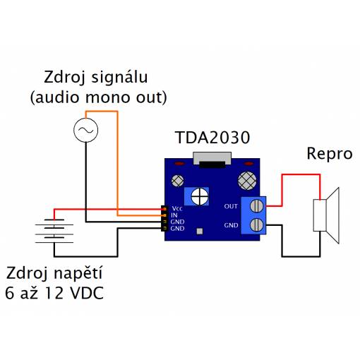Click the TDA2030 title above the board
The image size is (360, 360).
(212, 138)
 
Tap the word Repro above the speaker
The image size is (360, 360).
(330, 155)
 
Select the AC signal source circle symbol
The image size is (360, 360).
(85, 130)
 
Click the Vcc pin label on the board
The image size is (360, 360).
(177, 208)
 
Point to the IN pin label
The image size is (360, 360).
(174, 215)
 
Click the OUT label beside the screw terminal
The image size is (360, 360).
(231, 206)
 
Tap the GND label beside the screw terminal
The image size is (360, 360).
(231, 225)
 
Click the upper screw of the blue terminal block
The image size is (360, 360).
(256, 205)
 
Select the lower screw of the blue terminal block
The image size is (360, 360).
(256, 224)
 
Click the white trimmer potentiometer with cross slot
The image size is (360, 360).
(200, 196)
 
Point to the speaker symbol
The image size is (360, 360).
(326, 215)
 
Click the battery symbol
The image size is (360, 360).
(54, 231)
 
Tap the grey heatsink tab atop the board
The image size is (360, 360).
(212, 158)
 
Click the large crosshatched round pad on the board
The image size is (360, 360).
(247, 181)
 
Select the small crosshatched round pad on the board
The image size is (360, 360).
(178, 181)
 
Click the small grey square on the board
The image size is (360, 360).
(200, 232)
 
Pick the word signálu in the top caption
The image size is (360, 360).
(119, 78)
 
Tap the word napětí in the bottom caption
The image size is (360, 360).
(78, 273)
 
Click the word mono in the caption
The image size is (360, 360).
(107, 97)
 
